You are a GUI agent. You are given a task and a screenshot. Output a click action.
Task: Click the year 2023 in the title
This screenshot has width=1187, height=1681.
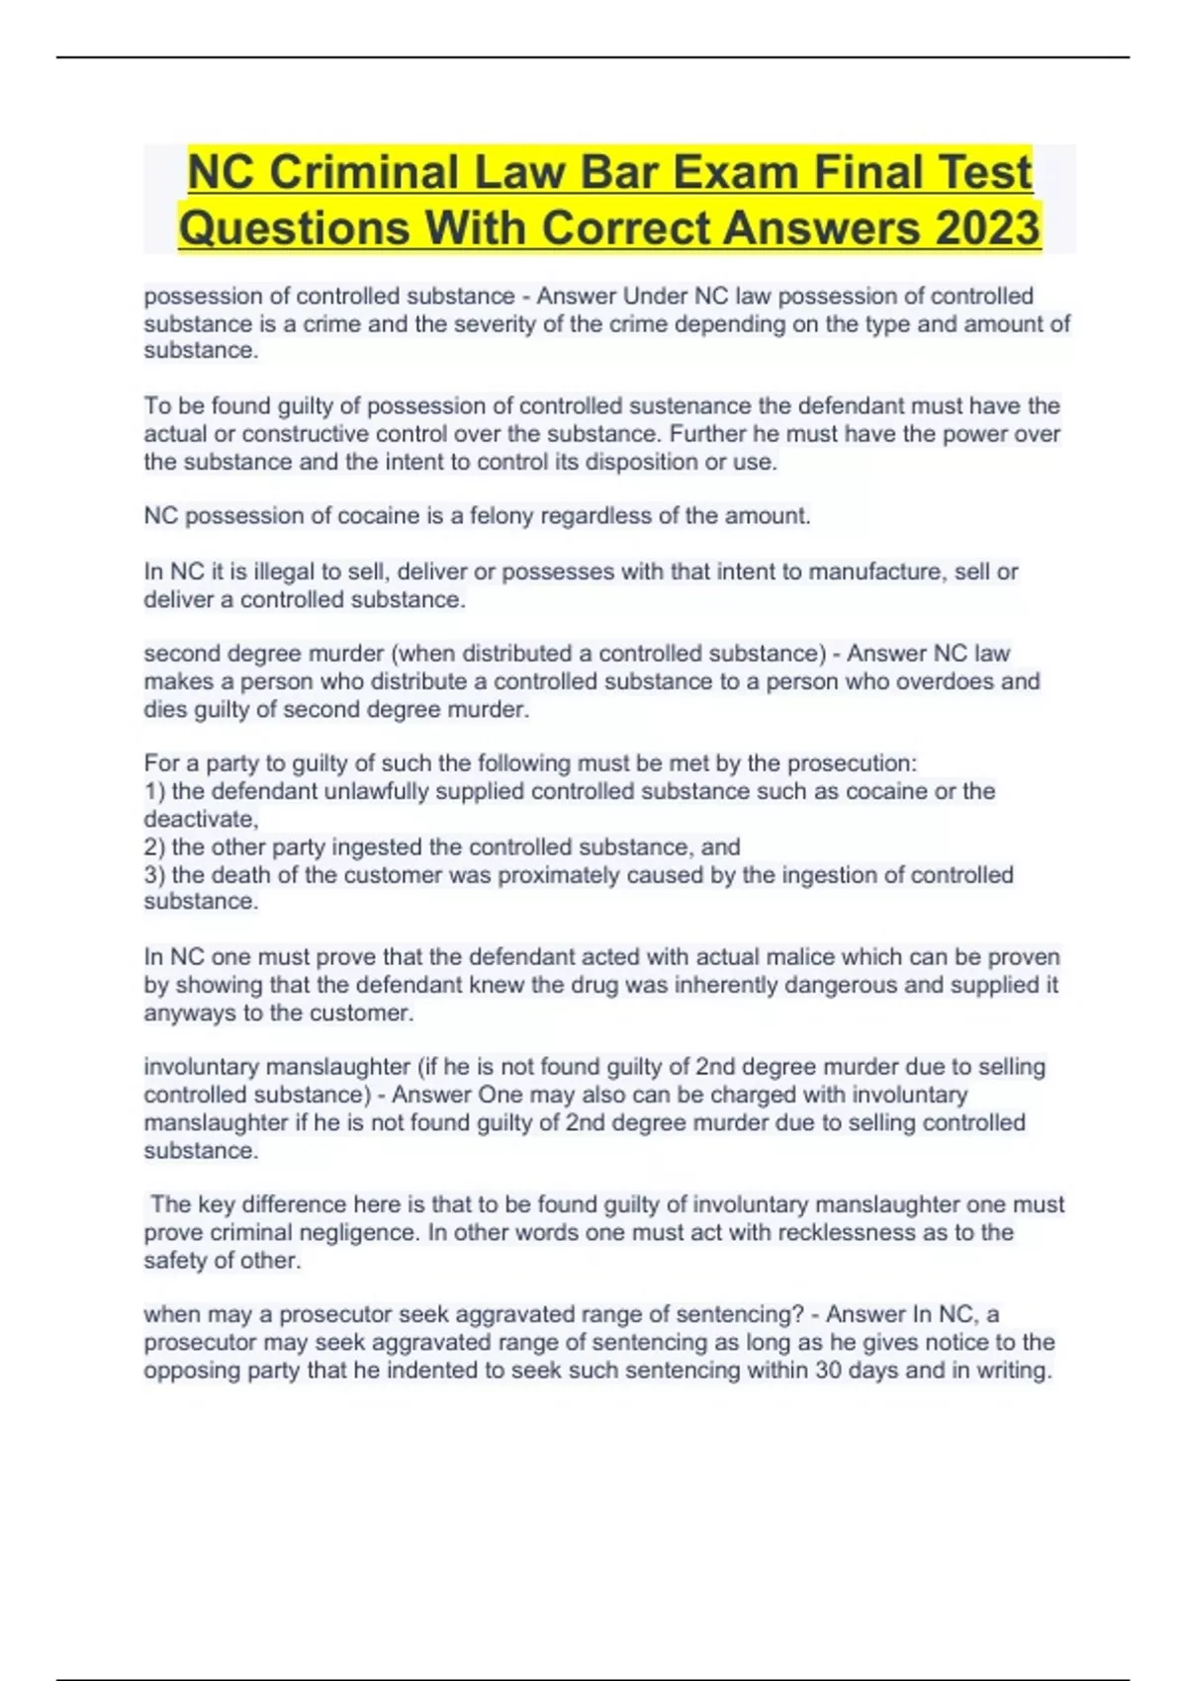coord(987,227)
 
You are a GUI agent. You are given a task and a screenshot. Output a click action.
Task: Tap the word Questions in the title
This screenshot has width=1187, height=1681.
coord(294,227)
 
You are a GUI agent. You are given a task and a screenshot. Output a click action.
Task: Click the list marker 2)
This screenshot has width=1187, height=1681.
coord(155,846)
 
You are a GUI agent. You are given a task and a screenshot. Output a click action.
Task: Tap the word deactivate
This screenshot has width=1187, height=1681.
coord(199,819)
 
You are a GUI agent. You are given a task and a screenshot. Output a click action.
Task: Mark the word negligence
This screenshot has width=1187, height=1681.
coord(353,1232)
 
